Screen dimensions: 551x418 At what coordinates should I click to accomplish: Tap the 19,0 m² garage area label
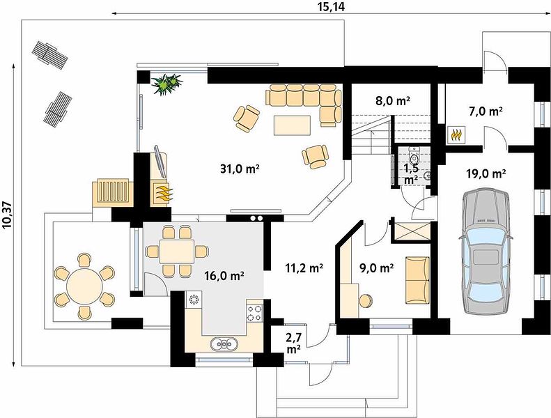486,173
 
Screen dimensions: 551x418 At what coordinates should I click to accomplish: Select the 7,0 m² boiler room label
486,111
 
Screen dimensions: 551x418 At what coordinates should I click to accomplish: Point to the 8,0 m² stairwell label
393,101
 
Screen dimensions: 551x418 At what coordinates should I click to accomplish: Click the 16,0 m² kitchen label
224,276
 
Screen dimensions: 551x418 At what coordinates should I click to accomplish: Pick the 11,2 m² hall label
304,268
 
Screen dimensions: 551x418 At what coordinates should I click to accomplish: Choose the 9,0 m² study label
376,268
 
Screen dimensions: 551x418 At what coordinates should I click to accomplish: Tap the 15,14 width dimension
332,6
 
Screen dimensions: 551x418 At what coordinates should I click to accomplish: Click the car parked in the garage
486,251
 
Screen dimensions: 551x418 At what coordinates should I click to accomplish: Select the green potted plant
166,84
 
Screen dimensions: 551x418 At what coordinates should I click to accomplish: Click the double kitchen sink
224,343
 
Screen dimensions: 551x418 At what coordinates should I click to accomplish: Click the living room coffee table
293,125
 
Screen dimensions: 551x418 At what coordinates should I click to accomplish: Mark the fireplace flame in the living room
163,194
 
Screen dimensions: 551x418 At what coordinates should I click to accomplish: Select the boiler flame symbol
457,134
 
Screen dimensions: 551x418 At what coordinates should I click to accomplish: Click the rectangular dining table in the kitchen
176,251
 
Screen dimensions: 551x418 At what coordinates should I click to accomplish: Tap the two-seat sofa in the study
417,280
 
